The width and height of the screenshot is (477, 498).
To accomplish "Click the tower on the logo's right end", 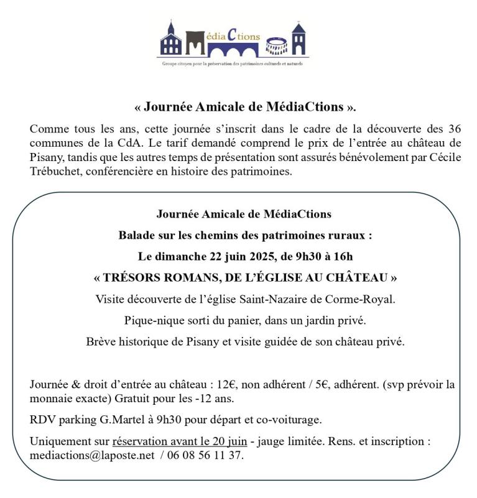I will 299,40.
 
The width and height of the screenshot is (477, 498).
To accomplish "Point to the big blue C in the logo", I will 231,36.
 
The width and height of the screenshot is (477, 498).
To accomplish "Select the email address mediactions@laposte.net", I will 91,455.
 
